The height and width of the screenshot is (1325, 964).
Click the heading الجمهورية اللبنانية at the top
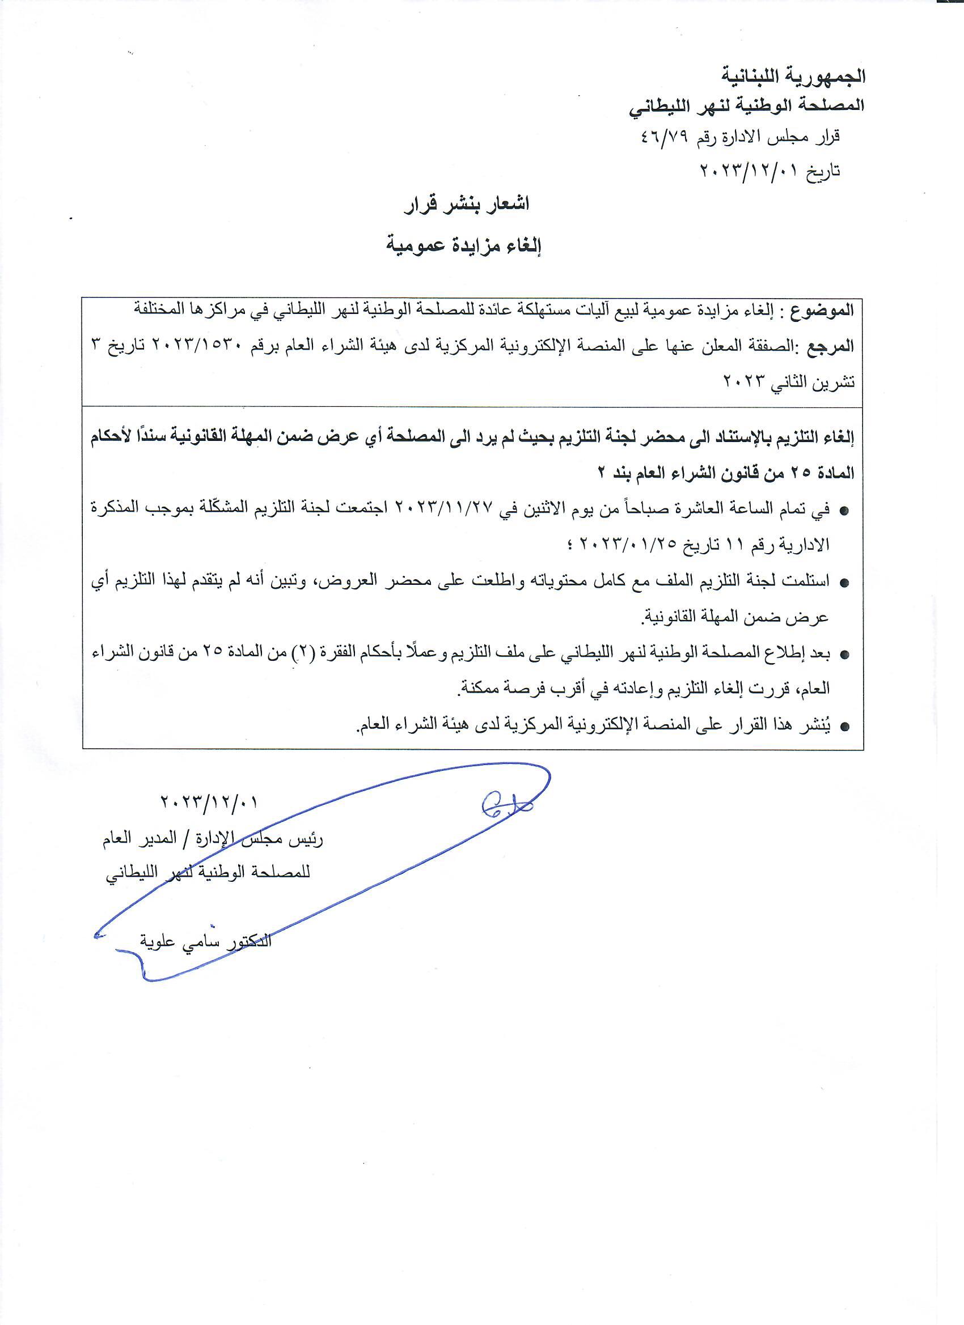795,76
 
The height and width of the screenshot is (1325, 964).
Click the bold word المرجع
830,346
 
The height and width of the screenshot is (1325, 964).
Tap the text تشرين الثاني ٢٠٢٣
789,382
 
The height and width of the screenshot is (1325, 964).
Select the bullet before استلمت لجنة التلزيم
844,583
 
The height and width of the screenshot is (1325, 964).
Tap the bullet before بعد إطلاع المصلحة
844,655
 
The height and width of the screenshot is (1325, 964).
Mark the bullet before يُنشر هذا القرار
844,727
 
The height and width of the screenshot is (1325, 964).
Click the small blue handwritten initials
504,807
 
